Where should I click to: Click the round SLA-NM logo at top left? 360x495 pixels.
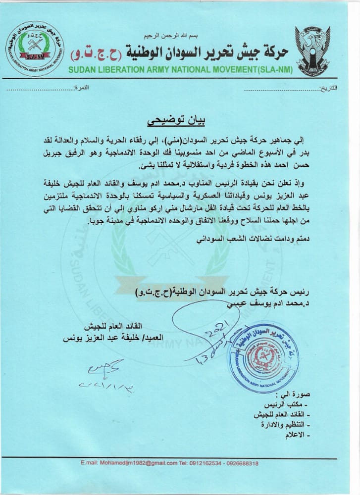pyautogui.click(x=35, y=48)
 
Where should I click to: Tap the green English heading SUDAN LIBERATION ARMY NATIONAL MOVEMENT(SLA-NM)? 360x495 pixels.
pyautogui.click(x=181, y=69)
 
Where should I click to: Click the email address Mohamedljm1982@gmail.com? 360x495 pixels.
pyautogui.click(x=129, y=463)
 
